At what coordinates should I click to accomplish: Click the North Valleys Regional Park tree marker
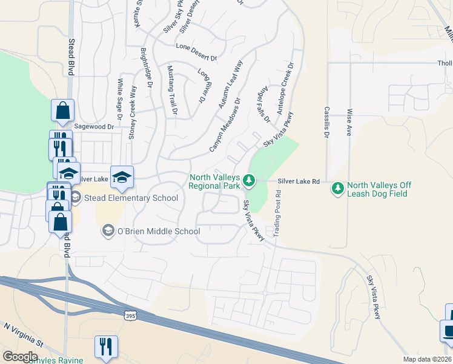(x=248, y=180)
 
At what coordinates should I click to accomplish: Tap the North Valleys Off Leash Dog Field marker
(x=337, y=189)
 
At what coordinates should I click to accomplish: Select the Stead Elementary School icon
(x=76, y=198)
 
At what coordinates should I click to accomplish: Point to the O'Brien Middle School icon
(x=108, y=231)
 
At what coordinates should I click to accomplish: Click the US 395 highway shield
(x=130, y=315)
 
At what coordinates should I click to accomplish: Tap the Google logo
(x=20, y=357)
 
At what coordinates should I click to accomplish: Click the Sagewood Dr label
(x=94, y=127)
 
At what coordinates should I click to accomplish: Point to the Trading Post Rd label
(x=279, y=210)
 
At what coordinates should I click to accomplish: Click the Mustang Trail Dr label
(x=171, y=90)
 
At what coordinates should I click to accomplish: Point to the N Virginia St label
(x=24, y=334)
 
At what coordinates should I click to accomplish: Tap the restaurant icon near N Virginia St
(x=106, y=347)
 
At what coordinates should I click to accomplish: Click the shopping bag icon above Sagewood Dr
(x=62, y=110)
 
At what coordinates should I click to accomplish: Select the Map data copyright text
(x=428, y=359)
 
